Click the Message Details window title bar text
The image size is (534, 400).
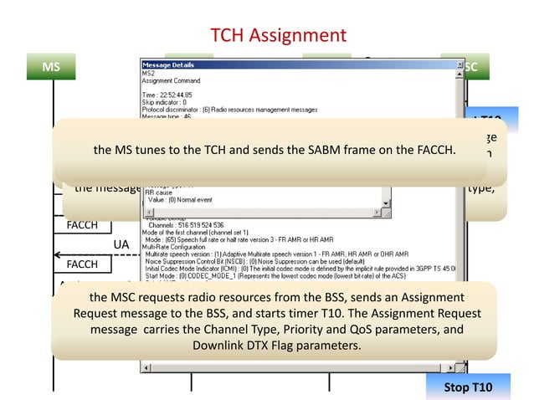(x=167, y=64)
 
